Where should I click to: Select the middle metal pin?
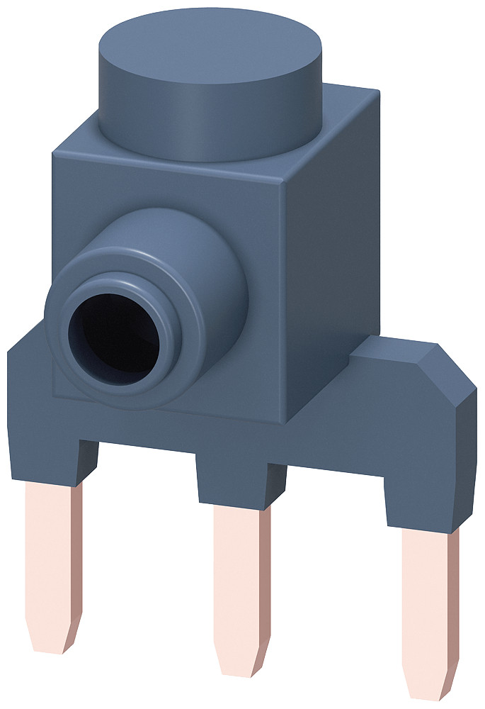coord(241,581)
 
